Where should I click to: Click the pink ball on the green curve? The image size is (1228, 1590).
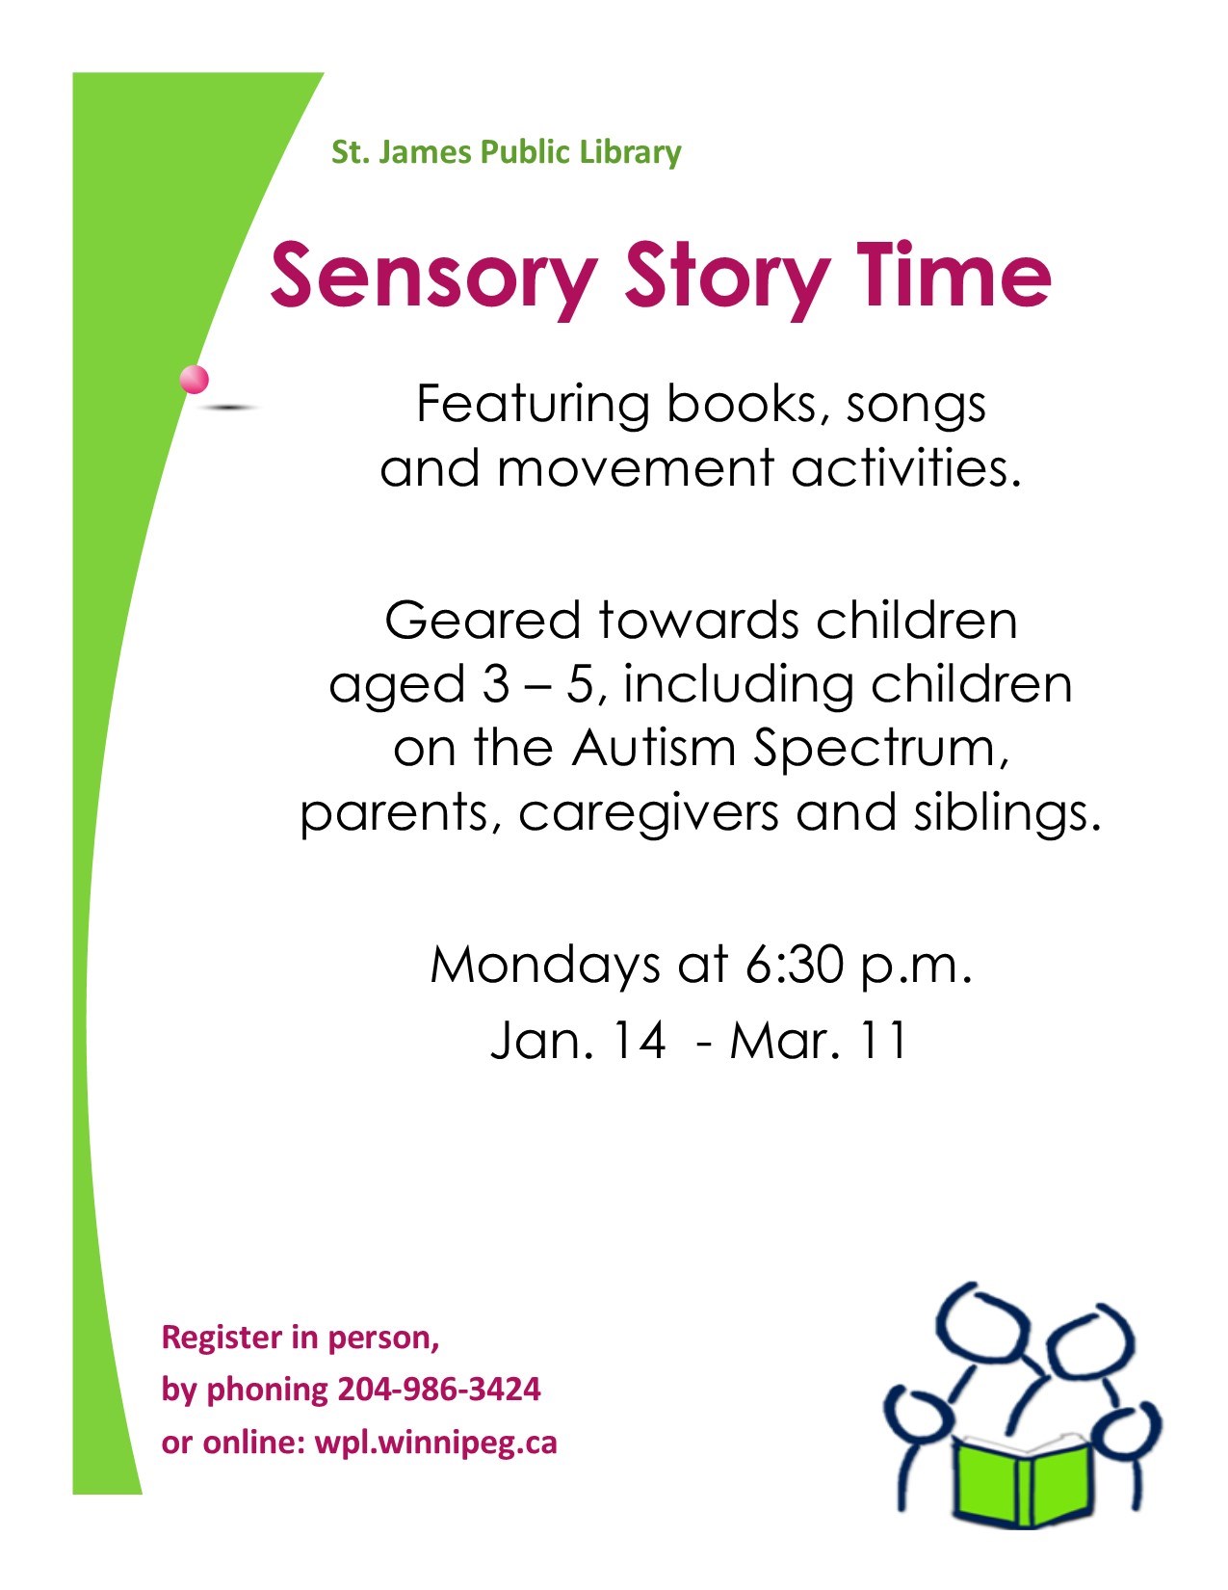[x=195, y=380]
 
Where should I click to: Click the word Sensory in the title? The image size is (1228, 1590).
[x=433, y=278]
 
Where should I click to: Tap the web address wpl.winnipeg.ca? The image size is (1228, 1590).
[x=436, y=1443]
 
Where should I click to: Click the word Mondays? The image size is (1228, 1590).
[x=545, y=966]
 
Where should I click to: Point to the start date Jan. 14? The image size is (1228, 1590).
[x=578, y=1040]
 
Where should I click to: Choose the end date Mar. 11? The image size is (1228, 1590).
[x=819, y=1040]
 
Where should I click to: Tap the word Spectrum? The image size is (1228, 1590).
[x=881, y=752]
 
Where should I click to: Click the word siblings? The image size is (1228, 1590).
[x=1007, y=814]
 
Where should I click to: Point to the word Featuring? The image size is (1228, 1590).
[x=533, y=406]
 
